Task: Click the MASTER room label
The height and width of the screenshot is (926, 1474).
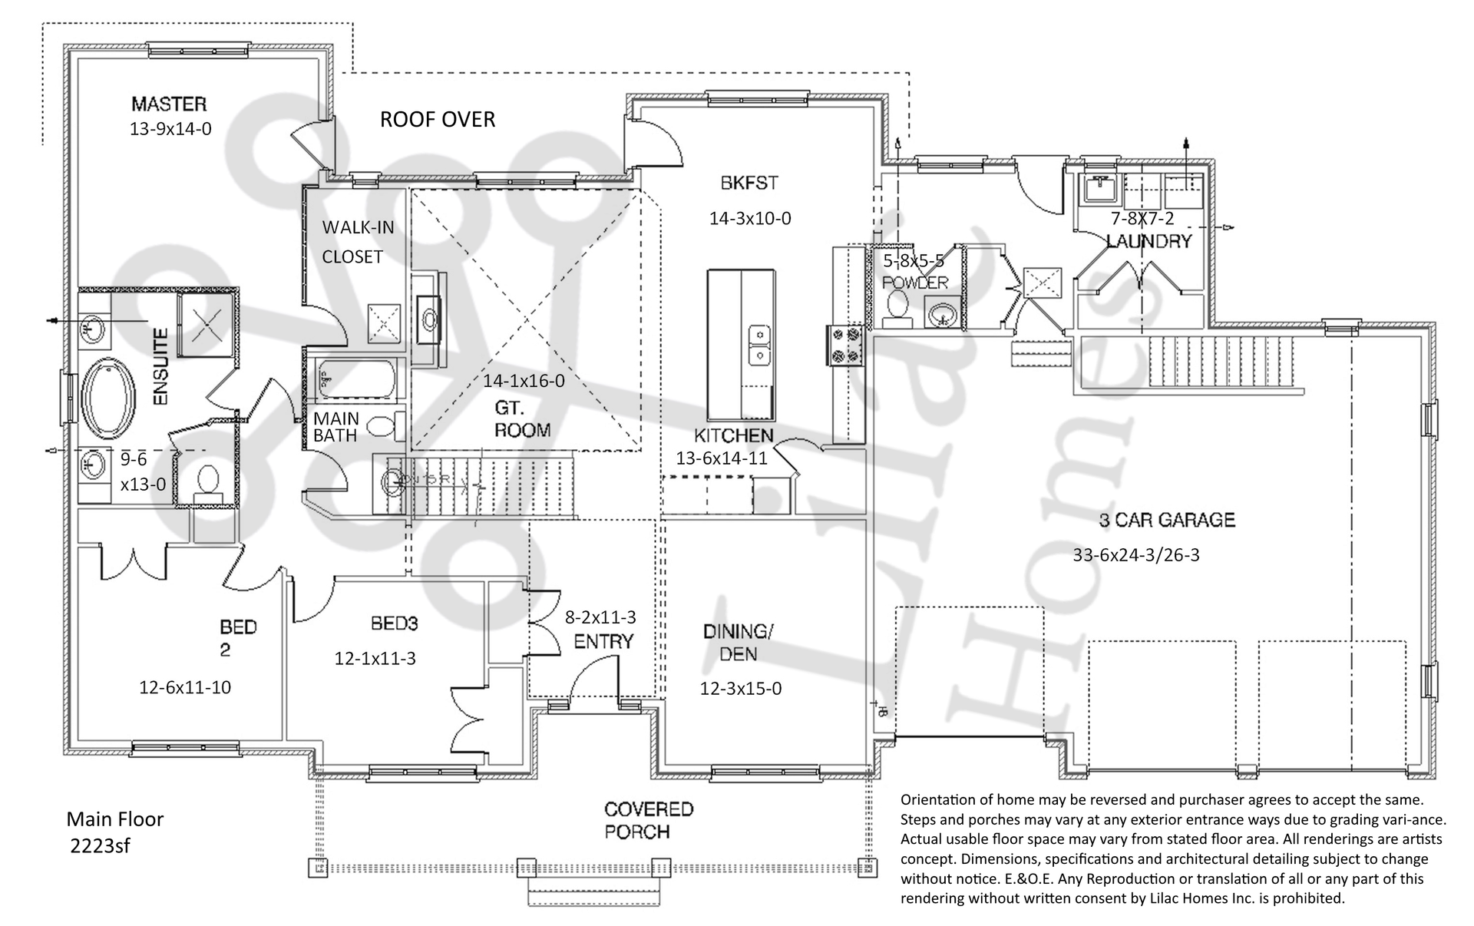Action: [x=169, y=104]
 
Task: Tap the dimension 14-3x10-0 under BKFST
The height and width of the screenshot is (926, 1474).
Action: [x=749, y=219]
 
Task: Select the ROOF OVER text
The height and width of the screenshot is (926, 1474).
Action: [x=438, y=120]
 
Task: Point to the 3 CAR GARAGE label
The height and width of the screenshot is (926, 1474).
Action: [x=1166, y=521]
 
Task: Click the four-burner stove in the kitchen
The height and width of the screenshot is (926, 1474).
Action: [x=844, y=346]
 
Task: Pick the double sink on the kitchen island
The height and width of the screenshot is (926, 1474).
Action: [x=759, y=346]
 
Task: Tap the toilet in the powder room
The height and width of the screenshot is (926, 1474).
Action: [x=896, y=306]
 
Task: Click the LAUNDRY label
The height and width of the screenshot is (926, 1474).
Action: [x=1148, y=242]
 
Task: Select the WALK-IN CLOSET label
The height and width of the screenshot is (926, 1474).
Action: [x=357, y=242]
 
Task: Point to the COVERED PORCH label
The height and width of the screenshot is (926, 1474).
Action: [x=637, y=820]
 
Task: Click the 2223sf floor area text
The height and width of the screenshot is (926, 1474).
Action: [x=100, y=846]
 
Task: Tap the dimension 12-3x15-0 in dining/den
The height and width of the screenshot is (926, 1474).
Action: [x=740, y=689]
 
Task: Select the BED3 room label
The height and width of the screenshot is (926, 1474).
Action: [x=394, y=623]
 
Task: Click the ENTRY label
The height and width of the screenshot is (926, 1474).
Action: [x=603, y=641]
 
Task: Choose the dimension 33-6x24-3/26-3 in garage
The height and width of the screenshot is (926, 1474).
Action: [x=1135, y=555]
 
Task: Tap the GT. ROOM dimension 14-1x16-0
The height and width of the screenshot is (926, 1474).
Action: [x=524, y=381]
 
